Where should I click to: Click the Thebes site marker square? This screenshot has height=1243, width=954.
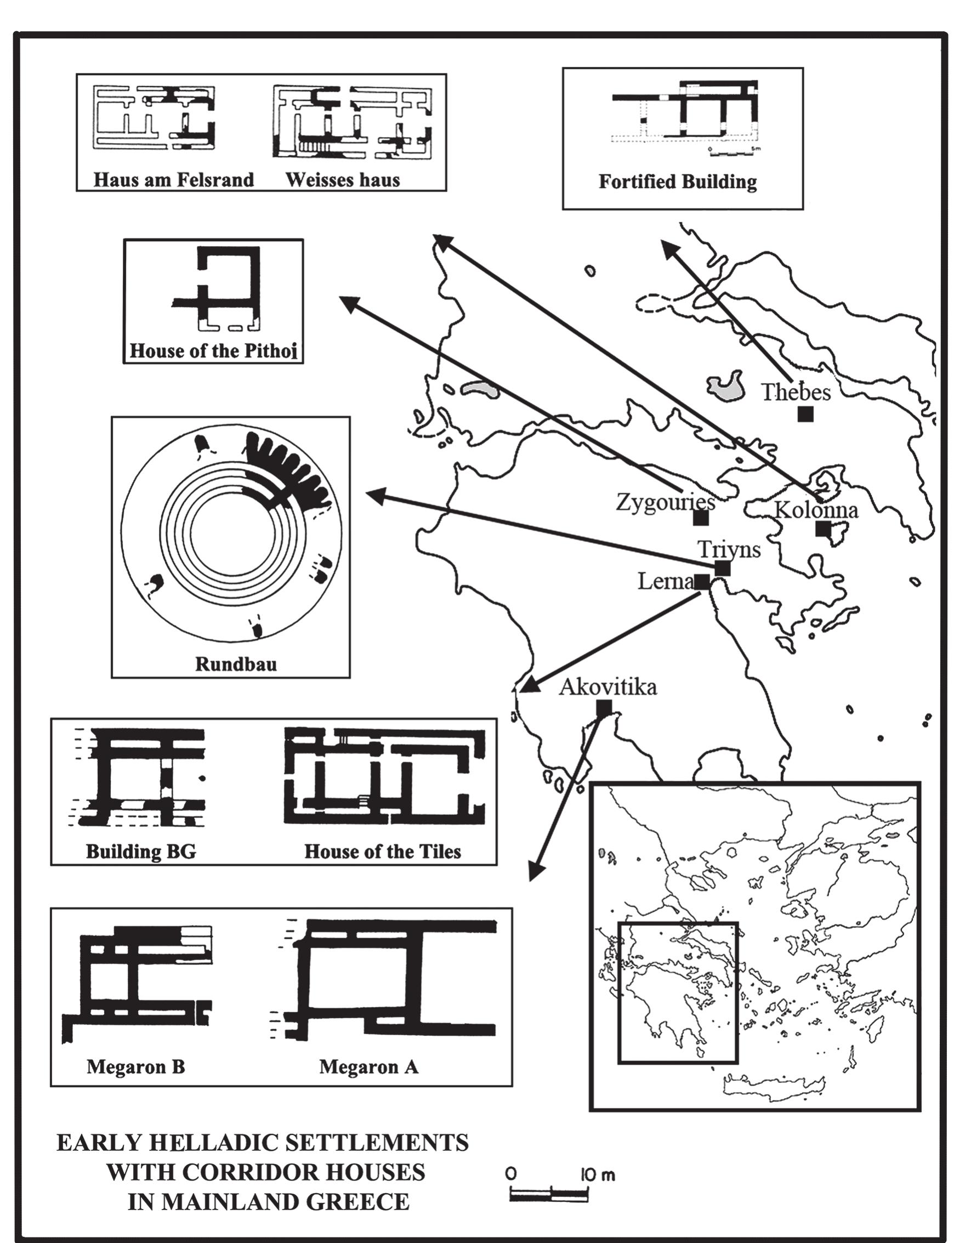point(805,415)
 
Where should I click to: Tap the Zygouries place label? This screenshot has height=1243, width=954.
point(665,502)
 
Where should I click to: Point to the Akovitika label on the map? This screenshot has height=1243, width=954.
point(608,687)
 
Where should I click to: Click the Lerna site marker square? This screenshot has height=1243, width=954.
point(701,581)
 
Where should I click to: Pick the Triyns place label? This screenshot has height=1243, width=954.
point(729,549)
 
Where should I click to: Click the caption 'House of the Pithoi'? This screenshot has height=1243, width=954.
point(213,350)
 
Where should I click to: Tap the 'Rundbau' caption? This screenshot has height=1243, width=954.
point(236,664)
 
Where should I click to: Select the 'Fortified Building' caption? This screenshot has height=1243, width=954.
point(678,182)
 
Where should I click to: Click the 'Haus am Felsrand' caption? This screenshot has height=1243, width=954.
point(174,180)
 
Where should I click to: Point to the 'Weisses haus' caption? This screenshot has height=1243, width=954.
point(343,180)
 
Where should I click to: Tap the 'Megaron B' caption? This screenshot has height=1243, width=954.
point(136,1066)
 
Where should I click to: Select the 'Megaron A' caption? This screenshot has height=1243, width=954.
point(368,1066)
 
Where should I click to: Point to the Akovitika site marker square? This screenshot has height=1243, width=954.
point(604,707)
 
